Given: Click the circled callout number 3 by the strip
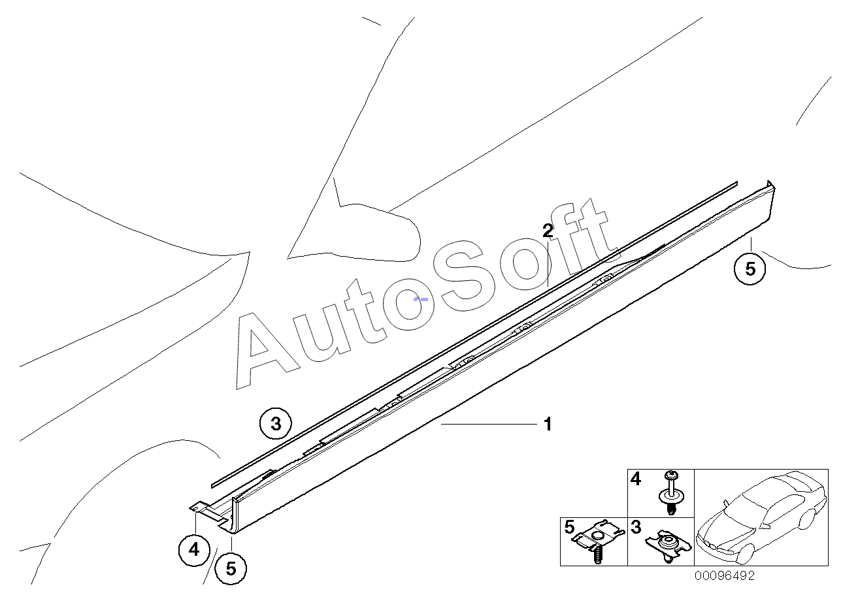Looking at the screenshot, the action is point(275,424).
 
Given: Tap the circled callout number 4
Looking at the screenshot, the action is point(194,550).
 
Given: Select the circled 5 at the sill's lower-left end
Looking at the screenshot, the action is point(231,568).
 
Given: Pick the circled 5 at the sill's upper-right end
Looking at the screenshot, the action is point(750,268).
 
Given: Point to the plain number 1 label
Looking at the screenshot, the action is point(548,425).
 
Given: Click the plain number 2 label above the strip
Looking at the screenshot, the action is point(548,230).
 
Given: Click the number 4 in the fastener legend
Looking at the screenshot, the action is point(636,480).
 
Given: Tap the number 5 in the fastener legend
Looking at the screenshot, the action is point(569,527).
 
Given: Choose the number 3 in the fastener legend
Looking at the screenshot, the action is point(636,527).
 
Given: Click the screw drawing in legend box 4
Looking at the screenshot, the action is point(670,493).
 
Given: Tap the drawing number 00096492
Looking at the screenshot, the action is point(724,576).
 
